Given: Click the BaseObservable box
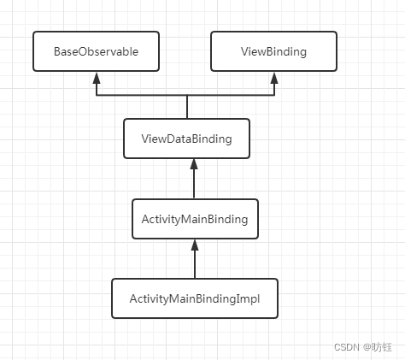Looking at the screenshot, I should pyautogui.click(x=96, y=51).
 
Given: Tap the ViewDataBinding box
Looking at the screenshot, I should pyautogui.click(x=188, y=139).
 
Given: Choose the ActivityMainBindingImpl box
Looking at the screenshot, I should pyautogui.click(x=195, y=298).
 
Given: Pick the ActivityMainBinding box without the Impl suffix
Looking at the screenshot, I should pyautogui.click(x=195, y=219).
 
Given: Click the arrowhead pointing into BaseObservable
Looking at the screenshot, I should pyautogui.click(x=97, y=77).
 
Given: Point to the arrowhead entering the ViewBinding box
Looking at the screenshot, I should pyautogui.click(x=274, y=77).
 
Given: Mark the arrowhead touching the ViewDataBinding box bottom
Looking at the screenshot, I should pyautogui.click(x=195, y=164).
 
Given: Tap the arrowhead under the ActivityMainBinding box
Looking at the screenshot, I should pyautogui.click(x=195, y=245).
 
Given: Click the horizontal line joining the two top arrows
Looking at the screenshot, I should pyautogui.click(x=185, y=94).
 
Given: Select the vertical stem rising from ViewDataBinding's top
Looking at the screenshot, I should pyautogui.click(x=186, y=107).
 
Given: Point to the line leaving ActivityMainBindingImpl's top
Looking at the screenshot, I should pyautogui.click(x=195, y=265).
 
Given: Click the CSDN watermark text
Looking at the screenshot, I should pyautogui.click(x=346, y=346).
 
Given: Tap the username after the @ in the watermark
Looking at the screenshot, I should pyautogui.click(x=382, y=346).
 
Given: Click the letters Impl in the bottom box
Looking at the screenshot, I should pyautogui.click(x=248, y=298).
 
